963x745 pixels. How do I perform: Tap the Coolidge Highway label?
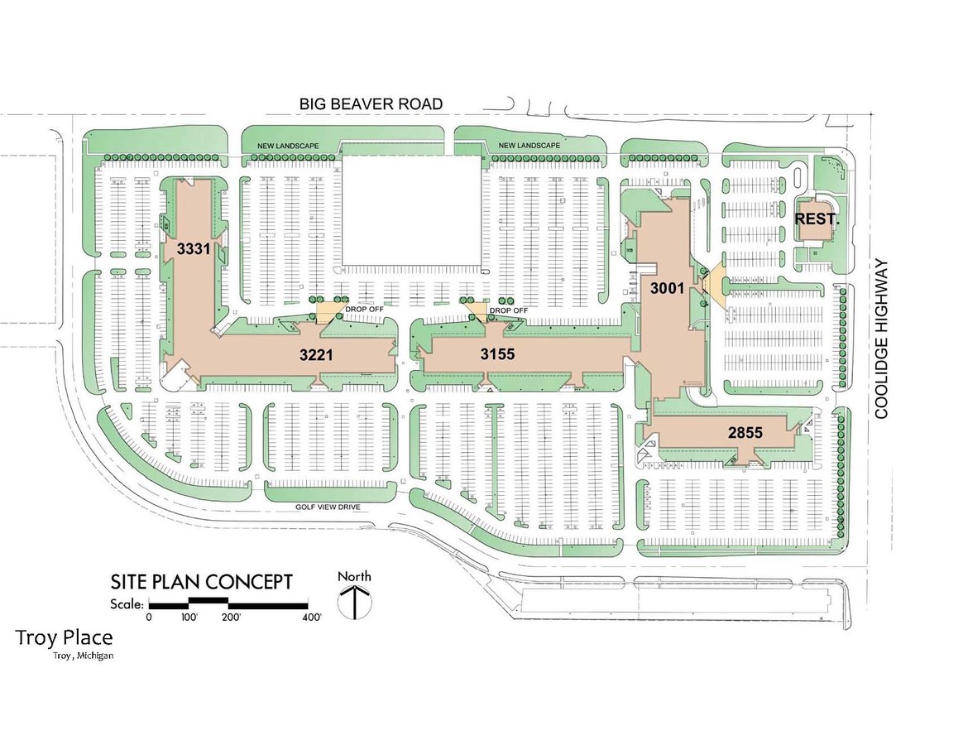(882, 339)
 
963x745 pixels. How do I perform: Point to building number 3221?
(315, 355)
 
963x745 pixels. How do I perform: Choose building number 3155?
(498, 355)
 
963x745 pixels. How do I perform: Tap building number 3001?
(667, 289)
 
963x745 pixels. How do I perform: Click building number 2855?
(745, 432)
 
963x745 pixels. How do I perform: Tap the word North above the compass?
(355, 576)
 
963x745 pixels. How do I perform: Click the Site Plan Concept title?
(202, 581)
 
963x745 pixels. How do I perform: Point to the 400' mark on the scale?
(312, 618)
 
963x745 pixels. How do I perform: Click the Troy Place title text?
(64, 638)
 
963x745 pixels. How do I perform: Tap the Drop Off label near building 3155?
(508, 310)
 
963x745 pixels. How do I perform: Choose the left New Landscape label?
(288, 146)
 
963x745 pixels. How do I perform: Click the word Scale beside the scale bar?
(127, 603)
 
